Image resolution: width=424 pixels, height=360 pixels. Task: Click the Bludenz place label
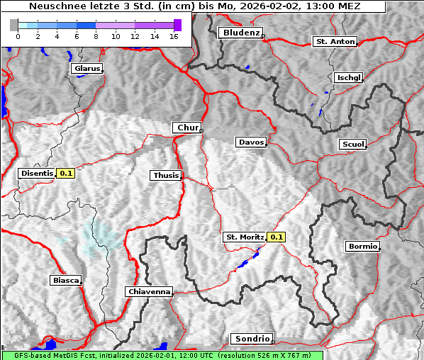click(x=240, y=33)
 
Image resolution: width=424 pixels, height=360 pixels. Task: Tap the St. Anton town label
click(x=334, y=42)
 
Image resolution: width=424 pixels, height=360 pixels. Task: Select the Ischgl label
click(x=348, y=77)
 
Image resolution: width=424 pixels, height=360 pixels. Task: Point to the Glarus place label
click(x=87, y=69)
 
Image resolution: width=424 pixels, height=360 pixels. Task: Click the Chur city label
click(x=187, y=128)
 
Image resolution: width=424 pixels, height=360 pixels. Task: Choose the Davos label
click(x=251, y=142)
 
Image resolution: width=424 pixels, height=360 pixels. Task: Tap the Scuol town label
click(x=353, y=145)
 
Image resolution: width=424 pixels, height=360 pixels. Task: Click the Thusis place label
click(x=166, y=176)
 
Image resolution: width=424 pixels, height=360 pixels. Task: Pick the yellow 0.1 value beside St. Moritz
click(x=277, y=237)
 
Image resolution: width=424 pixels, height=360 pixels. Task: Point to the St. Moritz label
click(x=245, y=237)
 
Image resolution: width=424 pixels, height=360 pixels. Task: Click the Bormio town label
click(x=362, y=247)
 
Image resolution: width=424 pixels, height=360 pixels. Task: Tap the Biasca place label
click(x=65, y=281)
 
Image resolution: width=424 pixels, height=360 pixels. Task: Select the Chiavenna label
click(x=149, y=292)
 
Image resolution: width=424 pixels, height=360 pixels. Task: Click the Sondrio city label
click(x=251, y=339)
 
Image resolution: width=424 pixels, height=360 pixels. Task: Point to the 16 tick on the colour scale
click(x=174, y=36)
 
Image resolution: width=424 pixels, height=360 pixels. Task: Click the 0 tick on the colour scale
click(x=18, y=36)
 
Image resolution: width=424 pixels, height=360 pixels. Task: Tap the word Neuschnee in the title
click(x=55, y=6)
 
